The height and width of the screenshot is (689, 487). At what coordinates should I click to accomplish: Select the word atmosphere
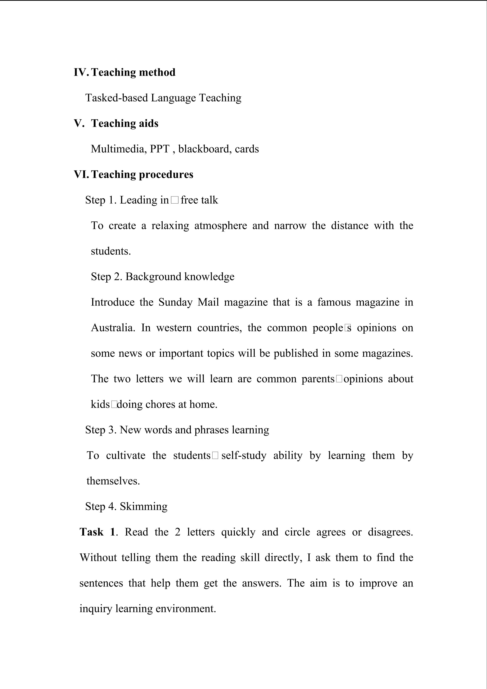coord(221,225)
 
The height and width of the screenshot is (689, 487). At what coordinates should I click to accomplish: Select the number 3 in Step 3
coord(112,430)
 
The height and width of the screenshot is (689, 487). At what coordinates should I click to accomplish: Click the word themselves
coord(113,481)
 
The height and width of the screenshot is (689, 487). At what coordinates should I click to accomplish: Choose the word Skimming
coord(144,506)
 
